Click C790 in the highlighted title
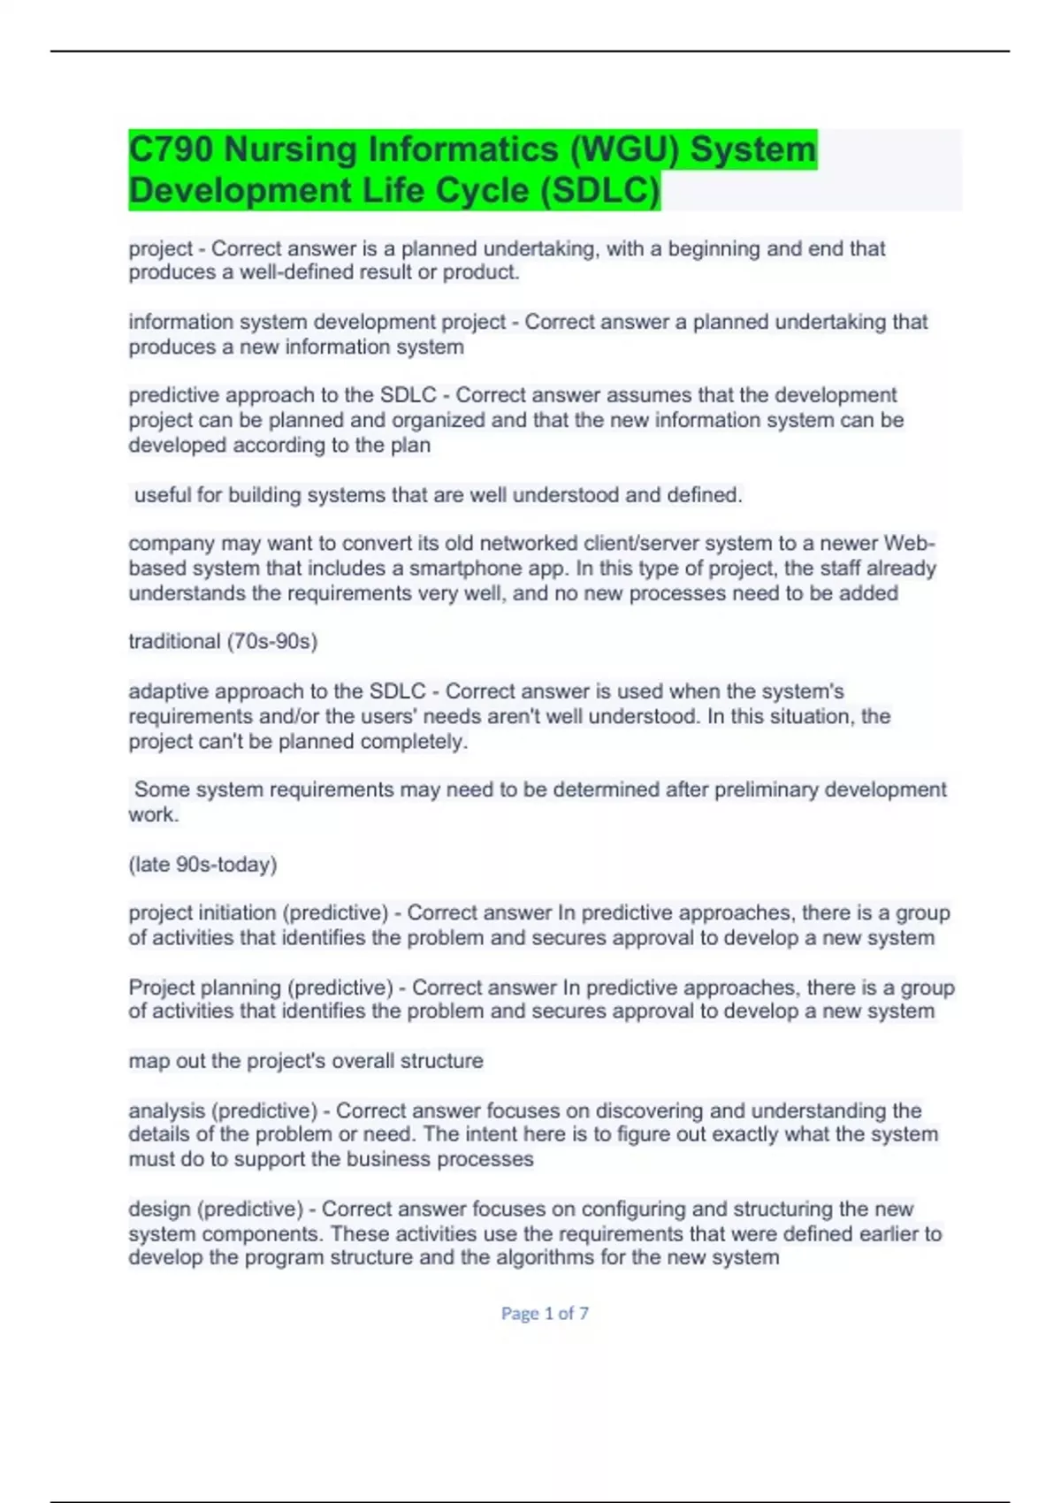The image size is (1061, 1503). coord(171,149)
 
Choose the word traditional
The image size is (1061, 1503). coord(174,641)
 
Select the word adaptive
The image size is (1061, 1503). coord(169,691)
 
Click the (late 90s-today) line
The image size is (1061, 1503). coord(202,864)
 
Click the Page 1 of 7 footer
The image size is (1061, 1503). coord(545,1314)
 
